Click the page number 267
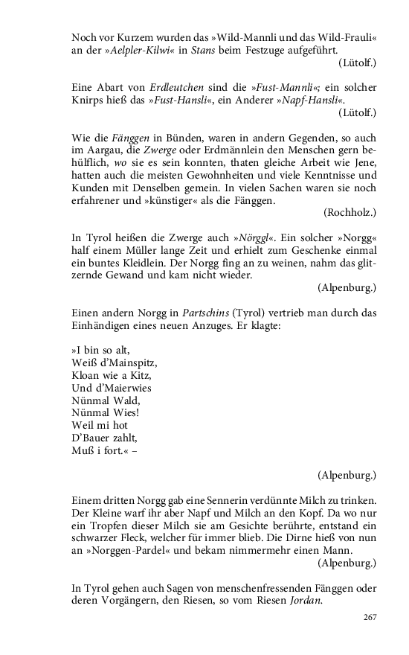click(370, 616)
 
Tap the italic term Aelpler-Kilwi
click(138, 48)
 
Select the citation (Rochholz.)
click(350, 212)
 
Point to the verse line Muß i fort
click(100, 449)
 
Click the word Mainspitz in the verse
click(129, 362)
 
